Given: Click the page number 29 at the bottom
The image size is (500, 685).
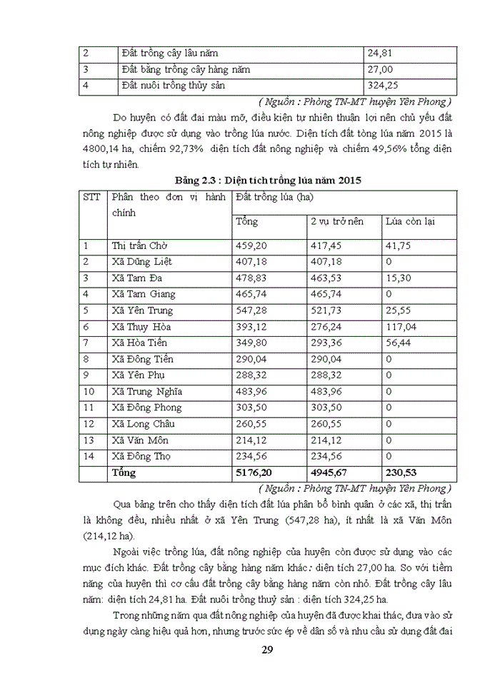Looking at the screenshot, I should pos(267,649).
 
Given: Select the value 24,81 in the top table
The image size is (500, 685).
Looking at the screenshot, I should pos(379,54).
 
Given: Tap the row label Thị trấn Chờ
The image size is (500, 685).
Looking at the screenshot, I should pos(139,245).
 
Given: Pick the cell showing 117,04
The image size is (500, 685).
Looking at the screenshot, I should pos(401,327).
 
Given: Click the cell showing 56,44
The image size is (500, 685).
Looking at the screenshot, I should pos(397,343).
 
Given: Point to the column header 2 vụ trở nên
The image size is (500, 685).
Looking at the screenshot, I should pos(336,221).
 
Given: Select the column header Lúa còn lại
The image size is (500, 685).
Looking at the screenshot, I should pos(410,221).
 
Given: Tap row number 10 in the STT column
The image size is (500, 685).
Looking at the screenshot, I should pos(89,392).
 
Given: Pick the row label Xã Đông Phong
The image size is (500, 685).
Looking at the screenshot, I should pos(146,407).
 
